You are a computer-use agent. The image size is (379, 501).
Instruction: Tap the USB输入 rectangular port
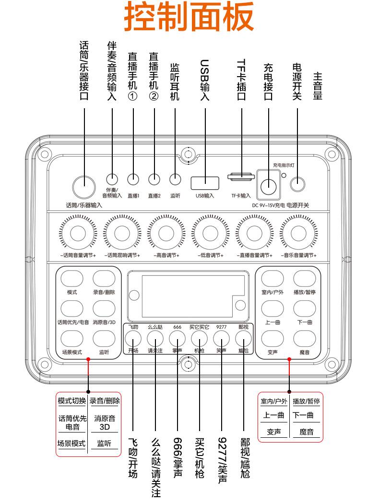click(205, 182)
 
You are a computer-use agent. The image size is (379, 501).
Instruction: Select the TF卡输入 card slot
click(240, 176)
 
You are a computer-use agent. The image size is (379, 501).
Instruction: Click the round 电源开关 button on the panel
click(298, 182)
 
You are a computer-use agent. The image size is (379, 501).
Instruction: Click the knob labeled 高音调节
click(166, 233)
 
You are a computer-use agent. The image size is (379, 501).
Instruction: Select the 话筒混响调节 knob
click(121, 233)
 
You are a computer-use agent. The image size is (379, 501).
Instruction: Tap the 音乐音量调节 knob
click(298, 233)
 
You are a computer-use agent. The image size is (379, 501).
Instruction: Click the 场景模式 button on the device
click(72, 339)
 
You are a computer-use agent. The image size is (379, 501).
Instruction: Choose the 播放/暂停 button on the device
click(303, 279)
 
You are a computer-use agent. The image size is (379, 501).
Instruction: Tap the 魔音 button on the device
click(303, 339)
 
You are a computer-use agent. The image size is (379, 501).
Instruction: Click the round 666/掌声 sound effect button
click(177, 339)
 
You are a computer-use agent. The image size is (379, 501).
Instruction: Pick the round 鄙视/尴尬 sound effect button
click(244, 339)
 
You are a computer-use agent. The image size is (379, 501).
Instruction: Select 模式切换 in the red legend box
click(72, 401)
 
